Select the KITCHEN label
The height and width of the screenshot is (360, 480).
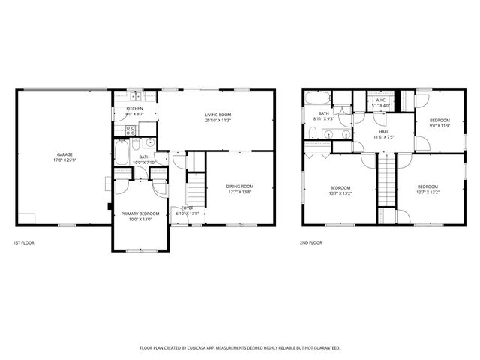pyautogui.click(x=134, y=109)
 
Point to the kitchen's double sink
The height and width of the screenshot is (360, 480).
pyautogui.click(x=136, y=96)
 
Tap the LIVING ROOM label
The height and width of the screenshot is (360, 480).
pyautogui.click(x=217, y=115)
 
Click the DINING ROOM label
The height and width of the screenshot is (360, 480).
pyautogui.click(x=240, y=186)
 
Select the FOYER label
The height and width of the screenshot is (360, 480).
pyautogui.click(x=187, y=208)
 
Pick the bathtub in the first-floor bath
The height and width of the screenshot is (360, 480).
pyautogui.click(x=122, y=154)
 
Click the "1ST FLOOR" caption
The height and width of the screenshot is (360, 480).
pyautogui.click(x=23, y=243)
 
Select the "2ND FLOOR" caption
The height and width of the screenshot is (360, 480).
pyautogui.click(x=311, y=243)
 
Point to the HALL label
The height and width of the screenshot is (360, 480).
pyautogui.click(x=383, y=130)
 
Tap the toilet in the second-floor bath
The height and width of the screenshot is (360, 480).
pyautogui.click(x=311, y=133)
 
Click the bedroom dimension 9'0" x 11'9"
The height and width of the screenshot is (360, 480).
pyautogui.click(x=439, y=126)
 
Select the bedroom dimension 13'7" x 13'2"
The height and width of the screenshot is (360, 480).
pyautogui.click(x=340, y=193)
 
